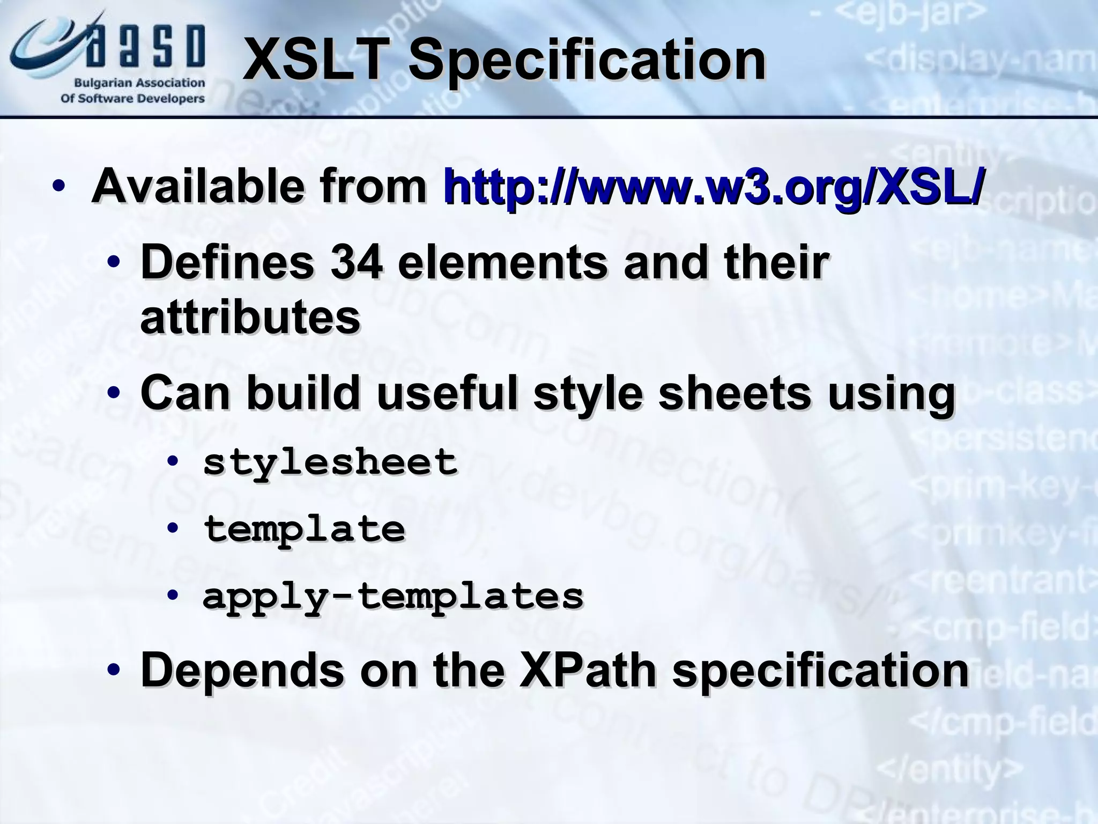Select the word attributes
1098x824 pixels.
point(250,318)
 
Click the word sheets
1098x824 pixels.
point(735,393)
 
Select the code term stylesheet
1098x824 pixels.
point(330,462)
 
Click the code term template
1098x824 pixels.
point(304,529)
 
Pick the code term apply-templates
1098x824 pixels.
point(393,596)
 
